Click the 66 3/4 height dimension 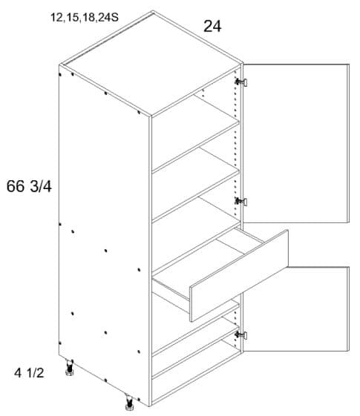pos(29,186)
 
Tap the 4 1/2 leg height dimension pos(29,373)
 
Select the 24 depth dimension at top pos(212,26)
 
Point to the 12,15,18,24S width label pos(85,18)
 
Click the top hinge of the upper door pos(241,82)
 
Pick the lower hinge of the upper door pos(241,202)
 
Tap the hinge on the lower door pos(241,335)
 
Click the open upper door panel pos(296,143)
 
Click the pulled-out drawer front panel pos(239,276)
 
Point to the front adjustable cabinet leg pos(129,400)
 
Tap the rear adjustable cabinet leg pos(70,368)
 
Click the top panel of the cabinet pos(152,64)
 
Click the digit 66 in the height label pos(16,186)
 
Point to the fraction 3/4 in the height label pos(41,186)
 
